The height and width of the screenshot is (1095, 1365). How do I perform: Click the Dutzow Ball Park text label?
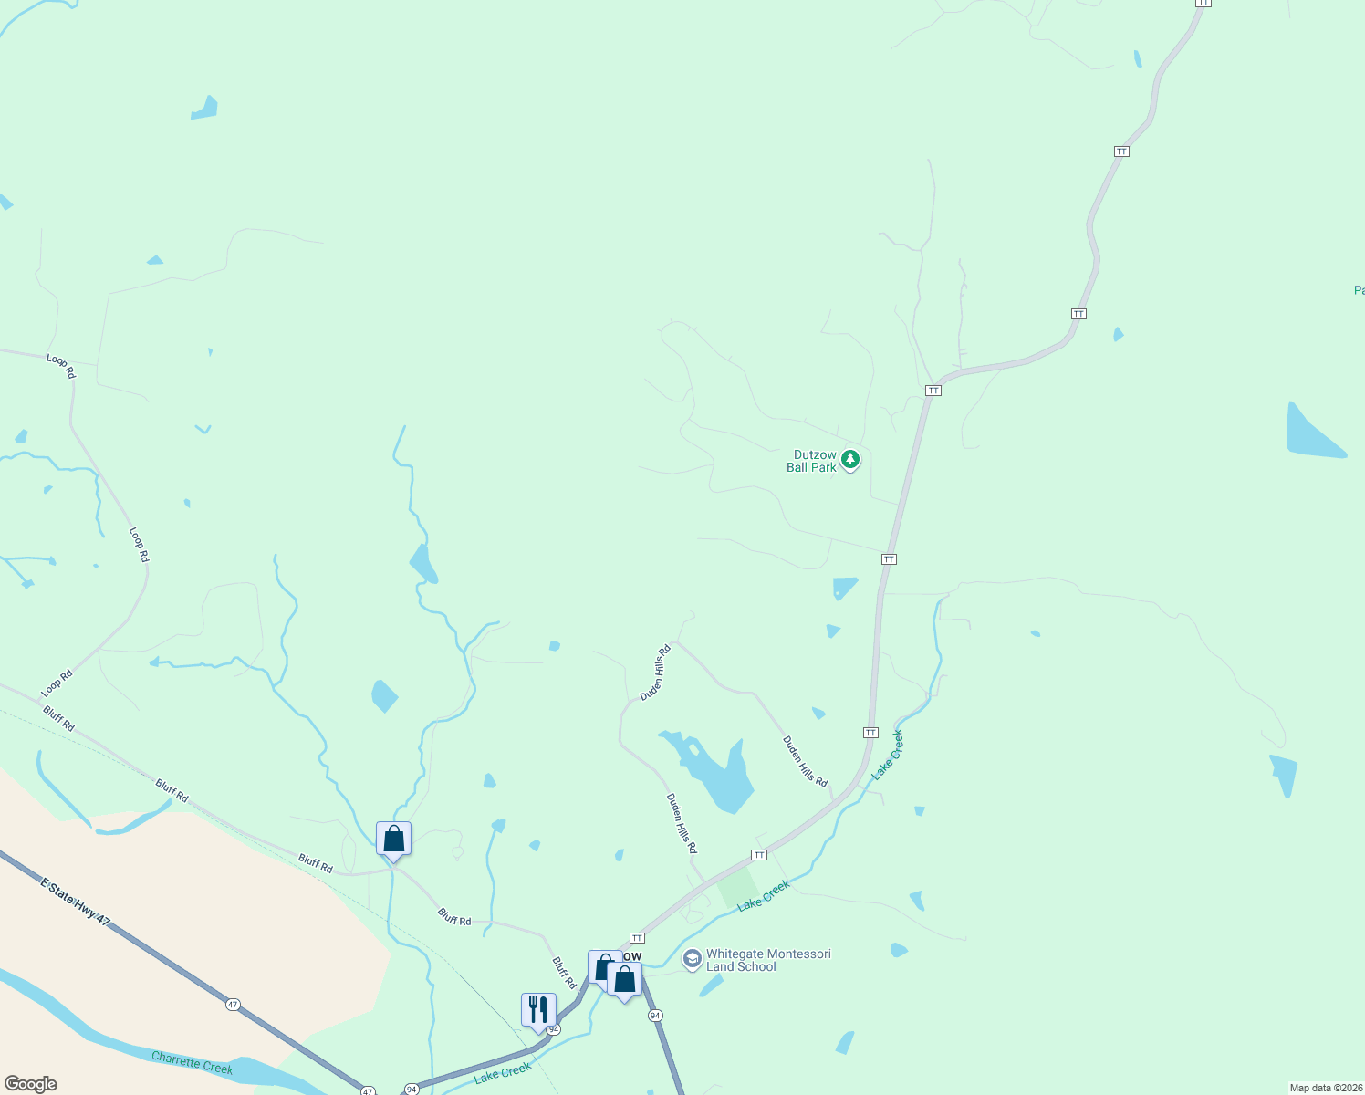point(811,461)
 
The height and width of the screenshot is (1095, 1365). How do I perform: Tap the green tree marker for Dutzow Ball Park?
point(850,459)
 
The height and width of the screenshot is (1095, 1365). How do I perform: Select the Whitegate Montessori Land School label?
point(768,960)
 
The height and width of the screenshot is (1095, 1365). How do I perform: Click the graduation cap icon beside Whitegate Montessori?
point(693,960)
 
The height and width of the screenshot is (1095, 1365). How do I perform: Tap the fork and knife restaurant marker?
point(538,1010)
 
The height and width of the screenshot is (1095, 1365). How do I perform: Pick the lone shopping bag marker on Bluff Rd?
point(393,839)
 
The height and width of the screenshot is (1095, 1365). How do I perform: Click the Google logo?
point(31,1084)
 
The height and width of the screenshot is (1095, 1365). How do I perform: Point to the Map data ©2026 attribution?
point(1324,1088)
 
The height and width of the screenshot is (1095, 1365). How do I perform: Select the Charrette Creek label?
point(193,1063)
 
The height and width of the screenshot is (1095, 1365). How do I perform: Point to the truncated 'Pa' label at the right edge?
point(1359,290)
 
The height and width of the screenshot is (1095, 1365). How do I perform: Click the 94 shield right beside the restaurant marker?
point(554,1028)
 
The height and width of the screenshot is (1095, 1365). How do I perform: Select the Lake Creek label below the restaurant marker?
point(502,1073)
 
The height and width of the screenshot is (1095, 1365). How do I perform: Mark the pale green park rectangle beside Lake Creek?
point(737,887)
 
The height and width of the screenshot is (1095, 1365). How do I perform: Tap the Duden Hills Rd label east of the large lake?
point(805,762)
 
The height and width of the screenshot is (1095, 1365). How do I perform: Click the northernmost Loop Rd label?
point(61,366)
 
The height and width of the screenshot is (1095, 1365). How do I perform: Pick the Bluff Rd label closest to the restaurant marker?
point(564,973)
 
